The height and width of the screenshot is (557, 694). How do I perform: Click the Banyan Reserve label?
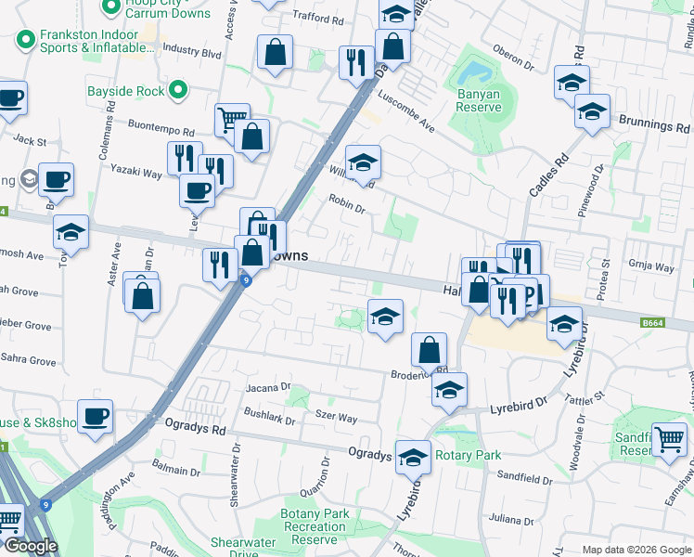479,100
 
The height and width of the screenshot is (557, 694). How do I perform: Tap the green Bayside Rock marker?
178,91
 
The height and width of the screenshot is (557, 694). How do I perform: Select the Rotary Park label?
469,455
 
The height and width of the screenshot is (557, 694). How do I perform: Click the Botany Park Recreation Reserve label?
315,526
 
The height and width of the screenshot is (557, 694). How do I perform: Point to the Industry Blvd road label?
191,53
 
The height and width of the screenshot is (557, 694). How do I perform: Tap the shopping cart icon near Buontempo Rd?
231,118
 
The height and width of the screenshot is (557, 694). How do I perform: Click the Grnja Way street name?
650,266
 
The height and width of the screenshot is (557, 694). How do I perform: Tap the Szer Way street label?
336,419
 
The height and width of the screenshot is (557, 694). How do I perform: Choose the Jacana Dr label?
268,386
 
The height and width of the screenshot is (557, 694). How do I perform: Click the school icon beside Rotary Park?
413,456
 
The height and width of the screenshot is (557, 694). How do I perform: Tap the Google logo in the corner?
31,546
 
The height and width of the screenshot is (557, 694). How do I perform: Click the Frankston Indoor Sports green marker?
24,40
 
